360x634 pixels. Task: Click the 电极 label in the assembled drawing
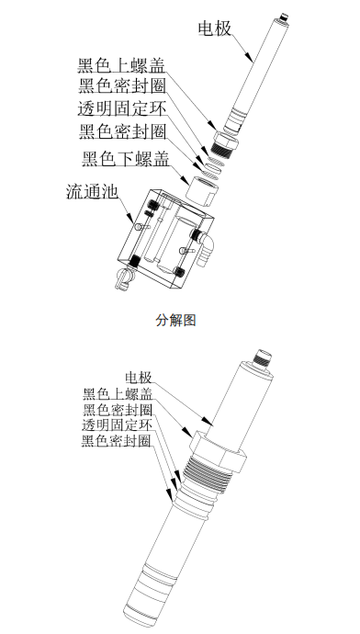pyautogui.click(x=139, y=378)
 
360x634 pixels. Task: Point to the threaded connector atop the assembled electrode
pyautogui.click(x=267, y=355)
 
